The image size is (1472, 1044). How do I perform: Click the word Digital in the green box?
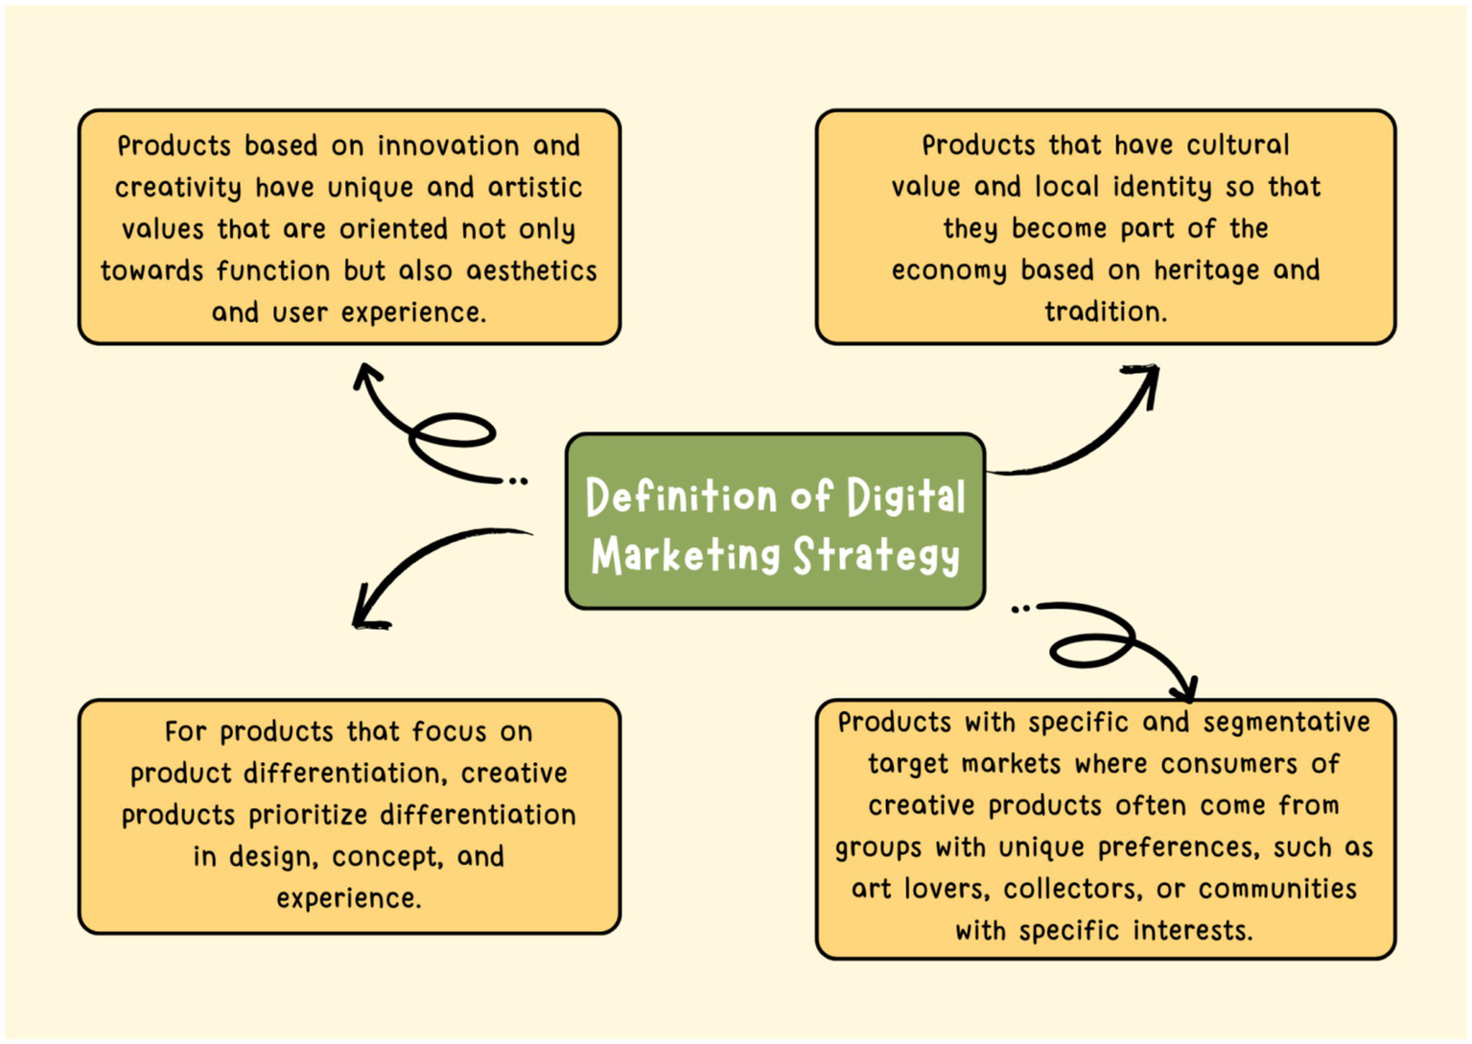click(905, 498)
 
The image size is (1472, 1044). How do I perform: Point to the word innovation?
click(448, 146)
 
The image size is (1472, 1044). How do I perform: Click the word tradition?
click(1105, 312)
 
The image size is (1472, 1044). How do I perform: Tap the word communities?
click(1277, 889)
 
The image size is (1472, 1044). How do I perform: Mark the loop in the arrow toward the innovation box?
click(453, 432)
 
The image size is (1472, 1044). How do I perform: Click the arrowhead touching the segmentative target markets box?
click(1185, 688)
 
